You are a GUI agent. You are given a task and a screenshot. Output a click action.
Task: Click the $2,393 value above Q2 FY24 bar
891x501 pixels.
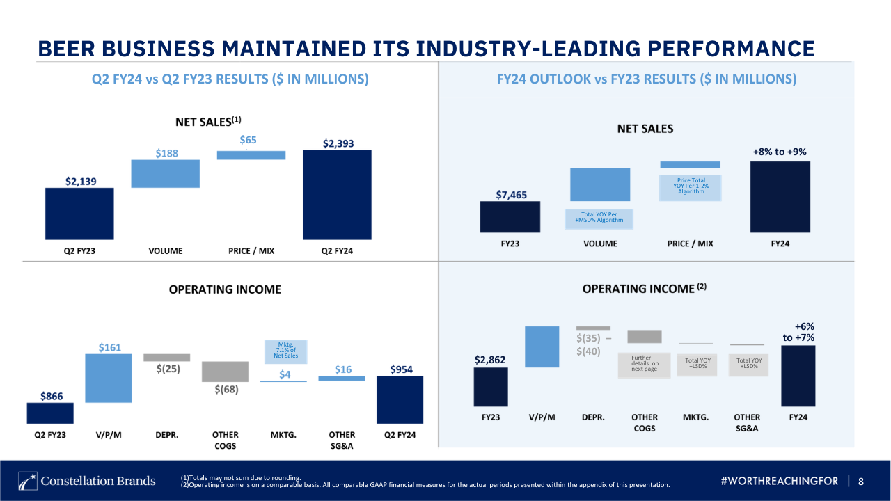click(338, 143)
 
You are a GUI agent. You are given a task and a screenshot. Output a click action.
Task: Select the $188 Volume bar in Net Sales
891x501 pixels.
click(166, 174)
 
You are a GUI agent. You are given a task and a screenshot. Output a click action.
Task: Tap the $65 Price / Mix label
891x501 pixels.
click(249, 140)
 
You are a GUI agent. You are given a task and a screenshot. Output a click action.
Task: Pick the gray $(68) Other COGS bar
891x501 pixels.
click(225, 372)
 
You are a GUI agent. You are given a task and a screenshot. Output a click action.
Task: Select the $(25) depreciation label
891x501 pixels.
click(167, 369)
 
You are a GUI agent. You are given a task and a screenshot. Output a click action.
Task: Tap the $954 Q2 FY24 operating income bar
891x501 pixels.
click(400, 399)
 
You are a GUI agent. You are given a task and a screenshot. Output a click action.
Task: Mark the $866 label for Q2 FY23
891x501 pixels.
click(50, 396)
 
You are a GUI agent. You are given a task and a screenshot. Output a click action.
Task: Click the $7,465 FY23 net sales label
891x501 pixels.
click(511, 195)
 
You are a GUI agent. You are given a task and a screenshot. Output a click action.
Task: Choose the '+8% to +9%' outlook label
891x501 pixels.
click(780, 152)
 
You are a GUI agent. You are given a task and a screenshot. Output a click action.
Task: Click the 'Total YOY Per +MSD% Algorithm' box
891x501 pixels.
click(599, 217)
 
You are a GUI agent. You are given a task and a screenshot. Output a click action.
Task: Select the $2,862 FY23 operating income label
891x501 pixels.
click(490, 360)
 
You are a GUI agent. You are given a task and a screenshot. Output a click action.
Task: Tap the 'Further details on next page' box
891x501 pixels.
click(644, 363)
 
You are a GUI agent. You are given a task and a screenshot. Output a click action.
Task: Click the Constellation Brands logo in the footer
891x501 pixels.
click(87, 481)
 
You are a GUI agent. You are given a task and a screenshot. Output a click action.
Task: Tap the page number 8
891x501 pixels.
click(861, 482)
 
